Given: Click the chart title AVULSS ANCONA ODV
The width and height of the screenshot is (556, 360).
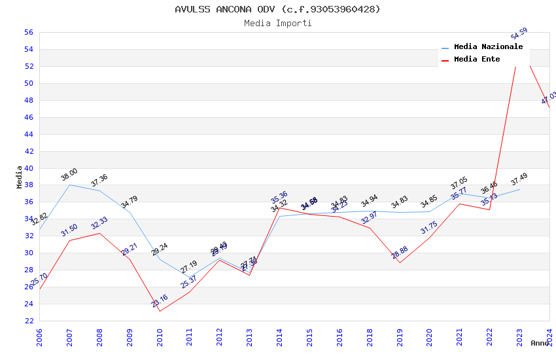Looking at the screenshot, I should (277, 9).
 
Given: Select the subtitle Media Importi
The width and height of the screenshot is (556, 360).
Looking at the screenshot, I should (277, 23).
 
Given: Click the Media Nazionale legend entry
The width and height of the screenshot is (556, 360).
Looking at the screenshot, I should (488, 47).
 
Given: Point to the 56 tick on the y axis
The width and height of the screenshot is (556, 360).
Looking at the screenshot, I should (28, 32).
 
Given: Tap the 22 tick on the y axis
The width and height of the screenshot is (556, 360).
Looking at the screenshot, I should (28, 321).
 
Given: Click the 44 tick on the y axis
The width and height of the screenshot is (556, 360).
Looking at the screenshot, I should (28, 134).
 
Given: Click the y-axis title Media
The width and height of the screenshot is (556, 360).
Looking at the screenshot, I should (20, 177).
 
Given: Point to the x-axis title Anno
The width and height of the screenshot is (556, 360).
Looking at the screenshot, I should (540, 343).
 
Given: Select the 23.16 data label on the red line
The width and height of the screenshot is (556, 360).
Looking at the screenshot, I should (160, 301).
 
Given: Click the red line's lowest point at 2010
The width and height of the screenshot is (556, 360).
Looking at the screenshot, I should (160, 311).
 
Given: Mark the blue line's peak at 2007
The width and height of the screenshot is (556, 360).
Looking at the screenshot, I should (70, 185).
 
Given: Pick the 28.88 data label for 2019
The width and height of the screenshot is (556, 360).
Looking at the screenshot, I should (400, 253).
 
